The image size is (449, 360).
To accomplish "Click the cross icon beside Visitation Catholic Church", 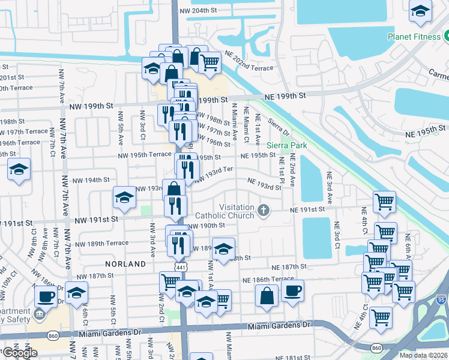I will point(263,210).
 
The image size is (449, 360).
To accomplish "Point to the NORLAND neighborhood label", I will point(125,264).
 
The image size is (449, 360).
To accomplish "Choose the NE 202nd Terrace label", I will point(249,68).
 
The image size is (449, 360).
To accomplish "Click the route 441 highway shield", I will point(181,266).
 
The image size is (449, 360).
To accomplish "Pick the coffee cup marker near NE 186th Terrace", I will point(292,291).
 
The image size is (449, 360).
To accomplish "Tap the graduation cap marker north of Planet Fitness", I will point(420,10).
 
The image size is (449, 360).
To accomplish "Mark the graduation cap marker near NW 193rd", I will point(124,198).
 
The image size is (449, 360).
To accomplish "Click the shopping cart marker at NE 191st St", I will point(384,202).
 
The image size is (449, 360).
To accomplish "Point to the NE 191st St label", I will point(307,210).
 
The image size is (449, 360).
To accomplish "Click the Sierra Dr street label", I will point(279,127).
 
